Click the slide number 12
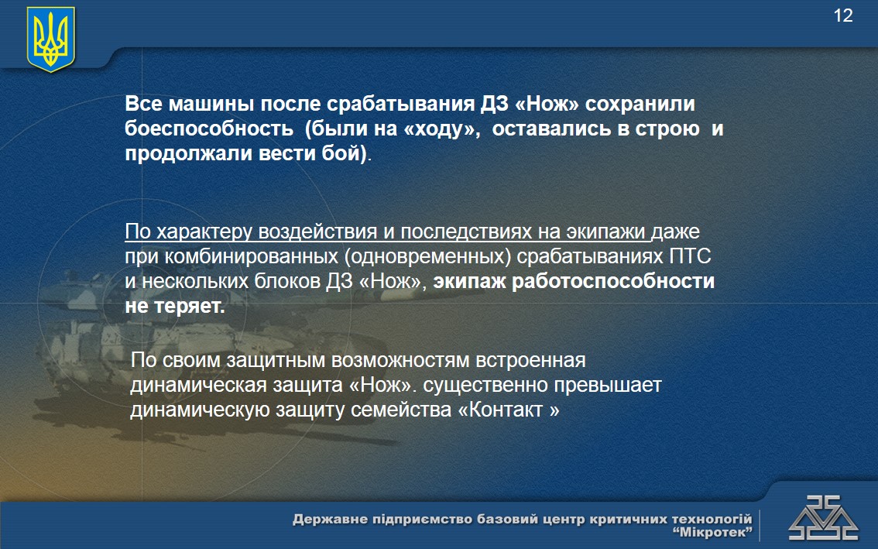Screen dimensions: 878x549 pyautogui.click(x=842, y=15)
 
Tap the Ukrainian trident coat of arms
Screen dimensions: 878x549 pyautogui.click(x=51, y=39)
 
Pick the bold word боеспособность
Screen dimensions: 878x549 pyautogui.click(x=209, y=129)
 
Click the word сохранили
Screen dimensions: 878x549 pyautogui.click(x=640, y=105)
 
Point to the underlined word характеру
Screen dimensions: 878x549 pyautogui.click(x=204, y=232)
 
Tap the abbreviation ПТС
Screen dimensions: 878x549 pyautogui.click(x=690, y=256)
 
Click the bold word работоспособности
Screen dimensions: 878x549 pyautogui.click(x=613, y=281)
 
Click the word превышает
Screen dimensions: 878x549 pyautogui.click(x=608, y=386)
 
